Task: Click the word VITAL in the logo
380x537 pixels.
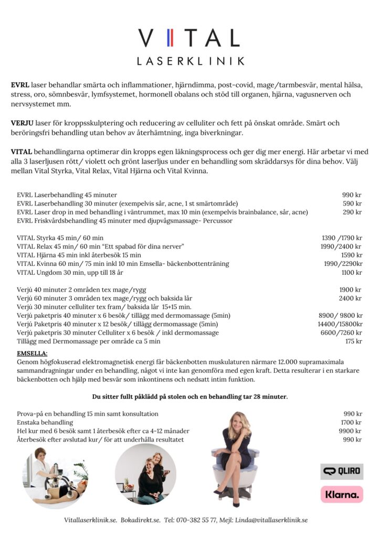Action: click(x=189, y=38)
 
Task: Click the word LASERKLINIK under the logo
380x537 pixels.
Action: click(x=190, y=61)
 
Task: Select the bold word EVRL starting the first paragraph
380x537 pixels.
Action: click(x=20, y=85)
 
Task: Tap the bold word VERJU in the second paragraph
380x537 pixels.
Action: click(x=22, y=123)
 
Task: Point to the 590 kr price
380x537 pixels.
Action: click(x=352, y=203)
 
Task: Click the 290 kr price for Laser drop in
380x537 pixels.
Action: click(x=352, y=212)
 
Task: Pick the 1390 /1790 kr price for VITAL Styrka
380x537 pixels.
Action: click(x=341, y=238)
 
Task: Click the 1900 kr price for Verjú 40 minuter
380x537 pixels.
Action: click(x=350, y=289)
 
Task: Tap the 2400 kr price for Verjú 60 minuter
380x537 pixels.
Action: click(x=350, y=298)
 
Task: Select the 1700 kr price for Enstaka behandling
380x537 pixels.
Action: click(x=351, y=422)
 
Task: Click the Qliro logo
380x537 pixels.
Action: click(x=342, y=471)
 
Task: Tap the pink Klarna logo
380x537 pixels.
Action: click(x=342, y=494)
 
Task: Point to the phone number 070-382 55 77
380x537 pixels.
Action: click(x=196, y=520)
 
